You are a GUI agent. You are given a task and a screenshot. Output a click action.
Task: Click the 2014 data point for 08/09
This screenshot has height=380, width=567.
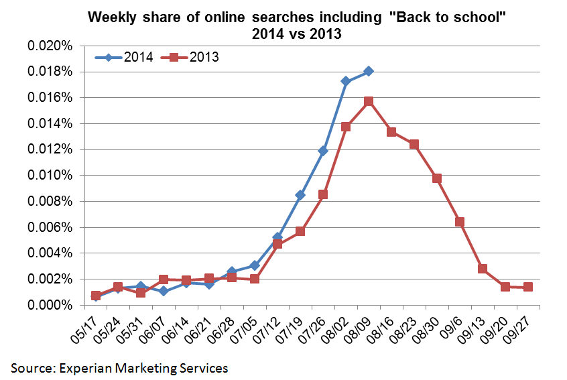pyautogui.click(x=368, y=71)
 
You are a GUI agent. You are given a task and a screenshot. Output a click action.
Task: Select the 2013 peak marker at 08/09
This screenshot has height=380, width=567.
pyautogui.click(x=368, y=101)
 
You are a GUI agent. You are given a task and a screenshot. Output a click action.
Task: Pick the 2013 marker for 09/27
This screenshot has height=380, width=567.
pyautogui.click(x=527, y=287)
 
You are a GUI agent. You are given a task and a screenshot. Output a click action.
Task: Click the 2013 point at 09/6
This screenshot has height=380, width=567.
pyautogui.click(x=459, y=222)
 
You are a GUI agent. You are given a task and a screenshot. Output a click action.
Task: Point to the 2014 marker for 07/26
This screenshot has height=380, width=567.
pyautogui.click(x=322, y=151)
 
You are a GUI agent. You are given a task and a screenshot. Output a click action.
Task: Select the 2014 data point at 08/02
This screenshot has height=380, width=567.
pyautogui.click(x=345, y=81)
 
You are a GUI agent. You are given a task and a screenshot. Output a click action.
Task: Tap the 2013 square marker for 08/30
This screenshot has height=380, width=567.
pyautogui.click(x=436, y=178)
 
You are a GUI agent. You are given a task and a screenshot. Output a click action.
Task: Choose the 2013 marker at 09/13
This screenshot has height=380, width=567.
pyautogui.click(x=482, y=269)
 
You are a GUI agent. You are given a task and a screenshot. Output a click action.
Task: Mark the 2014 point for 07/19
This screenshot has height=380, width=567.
pyautogui.click(x=300, y=195)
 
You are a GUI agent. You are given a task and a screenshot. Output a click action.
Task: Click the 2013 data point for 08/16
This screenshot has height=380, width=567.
pyautogui.click(x=391, y=132)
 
